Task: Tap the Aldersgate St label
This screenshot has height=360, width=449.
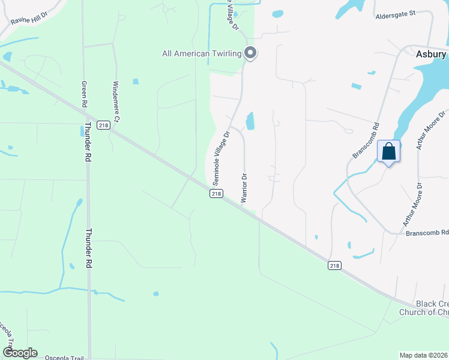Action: click(x=396, y=14)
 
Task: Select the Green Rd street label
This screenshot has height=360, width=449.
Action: click(x=85, y=94)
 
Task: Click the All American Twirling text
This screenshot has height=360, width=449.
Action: click(x=202, y=54)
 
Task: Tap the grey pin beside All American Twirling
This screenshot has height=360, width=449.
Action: click(x=251, y=53)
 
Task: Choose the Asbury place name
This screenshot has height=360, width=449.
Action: click(x=431, y=54)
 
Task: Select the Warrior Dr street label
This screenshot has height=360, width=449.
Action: click(x=244, y=188)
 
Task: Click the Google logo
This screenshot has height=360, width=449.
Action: click(x=20, y=353)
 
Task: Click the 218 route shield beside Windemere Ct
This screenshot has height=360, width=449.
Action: click(x=104, y=125)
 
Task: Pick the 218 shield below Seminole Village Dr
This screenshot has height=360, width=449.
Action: click(x=217, y=193)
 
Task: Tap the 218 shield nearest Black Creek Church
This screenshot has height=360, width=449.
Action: click(x=335, y=265)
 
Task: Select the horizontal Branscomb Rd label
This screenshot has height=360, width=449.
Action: click(x=427, y=233)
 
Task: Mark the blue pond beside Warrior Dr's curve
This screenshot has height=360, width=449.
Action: click(x=250, y=121)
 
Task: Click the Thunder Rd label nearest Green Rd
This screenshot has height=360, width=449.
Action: click(x=88, y=142)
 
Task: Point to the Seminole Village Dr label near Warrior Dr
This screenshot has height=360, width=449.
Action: click(x=221, y=158)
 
